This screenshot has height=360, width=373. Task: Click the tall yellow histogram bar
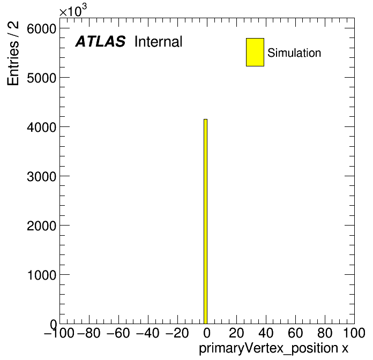point(206,221)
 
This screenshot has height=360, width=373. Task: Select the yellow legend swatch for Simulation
point(255,52)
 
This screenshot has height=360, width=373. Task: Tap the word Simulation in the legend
point(294,53)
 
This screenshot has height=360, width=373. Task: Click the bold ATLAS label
point(100,41)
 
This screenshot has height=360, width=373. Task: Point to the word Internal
point(159,41)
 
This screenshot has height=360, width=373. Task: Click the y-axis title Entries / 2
point(13,53)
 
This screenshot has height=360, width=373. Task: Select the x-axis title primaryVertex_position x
point(273,348)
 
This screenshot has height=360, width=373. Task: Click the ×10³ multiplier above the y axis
point(73,11)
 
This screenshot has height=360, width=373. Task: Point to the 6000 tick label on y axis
point(41,29)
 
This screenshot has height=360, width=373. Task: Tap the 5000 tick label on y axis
point(41,78)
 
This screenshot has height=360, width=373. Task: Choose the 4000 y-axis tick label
point(41,127)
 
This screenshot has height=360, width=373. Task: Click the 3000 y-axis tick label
point(41,176)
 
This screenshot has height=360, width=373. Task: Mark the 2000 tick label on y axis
point(41,226)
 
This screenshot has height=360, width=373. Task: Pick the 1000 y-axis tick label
point(41,275)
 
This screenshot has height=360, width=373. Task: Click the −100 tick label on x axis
point(59,333)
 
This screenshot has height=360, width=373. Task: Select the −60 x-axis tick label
point(118,333)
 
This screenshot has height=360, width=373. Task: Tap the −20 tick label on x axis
point(177,333)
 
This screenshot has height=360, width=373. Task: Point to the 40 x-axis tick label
point(266,333)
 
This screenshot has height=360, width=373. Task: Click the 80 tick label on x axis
point(325,333)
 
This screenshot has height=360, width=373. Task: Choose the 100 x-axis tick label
point(354,333)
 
